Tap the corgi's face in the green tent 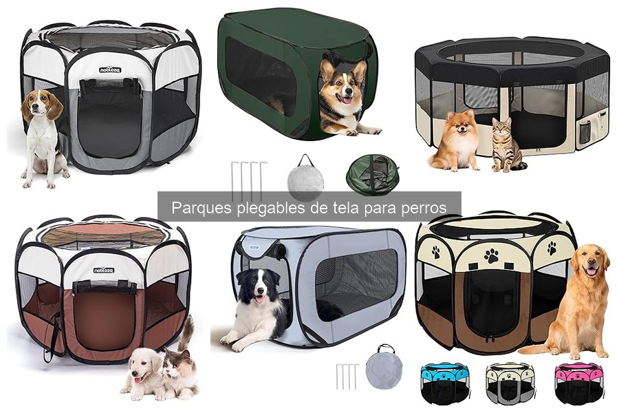340,86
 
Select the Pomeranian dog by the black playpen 455,141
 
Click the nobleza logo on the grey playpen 110,70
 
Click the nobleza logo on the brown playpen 104,270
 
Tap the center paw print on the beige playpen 491,255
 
